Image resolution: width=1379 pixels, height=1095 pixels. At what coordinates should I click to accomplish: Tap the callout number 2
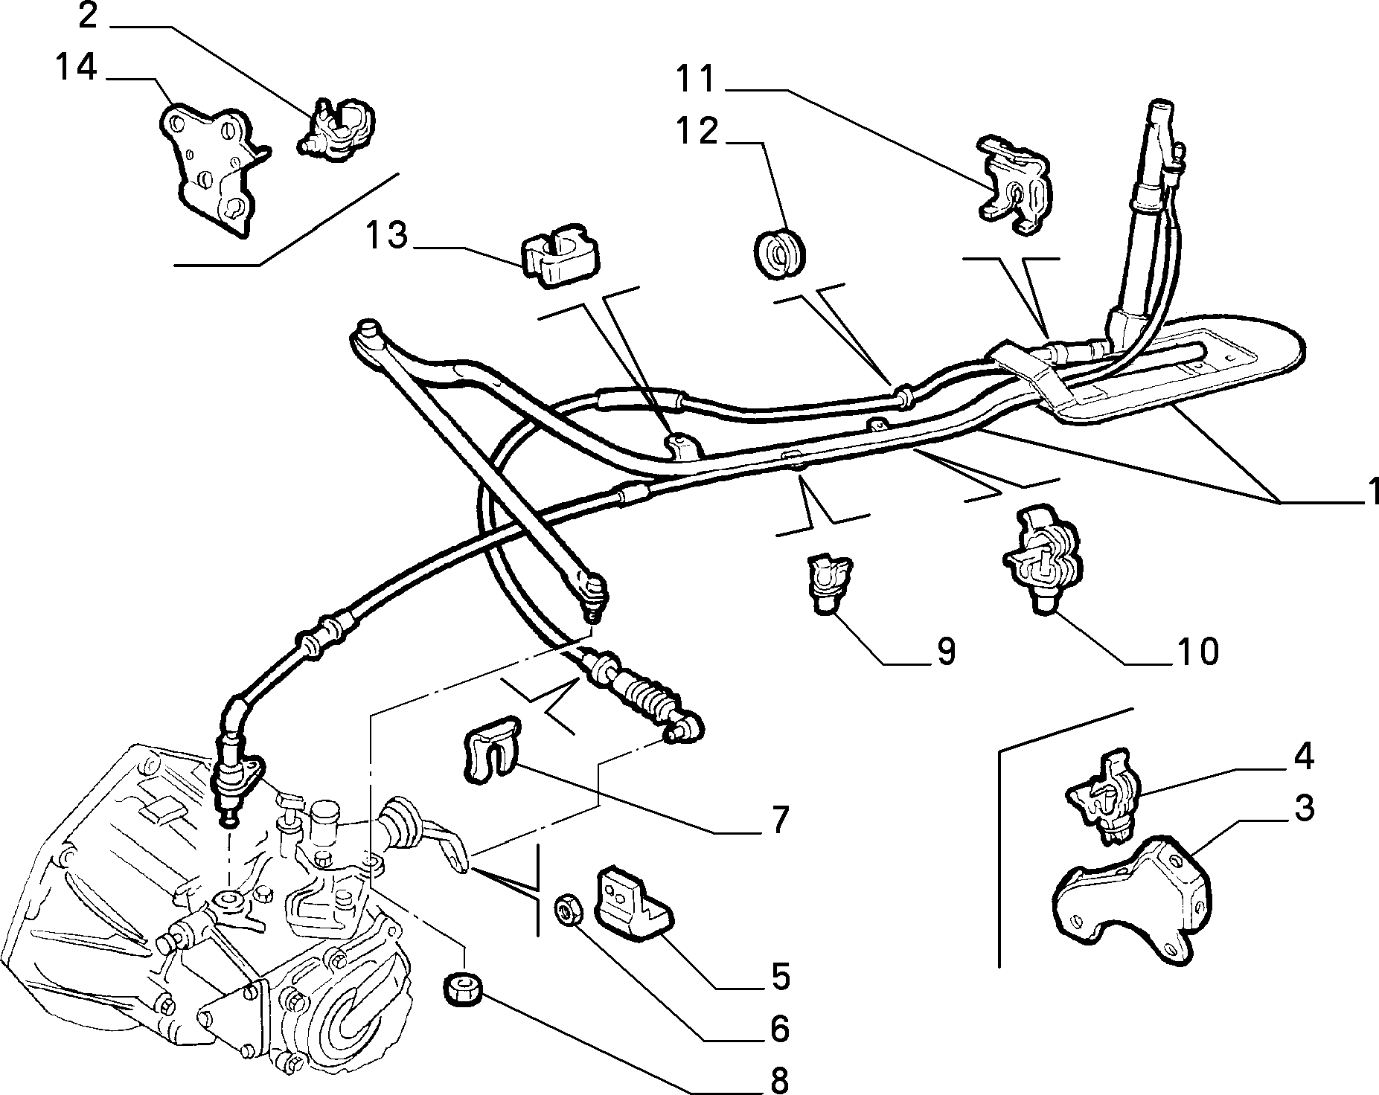89,16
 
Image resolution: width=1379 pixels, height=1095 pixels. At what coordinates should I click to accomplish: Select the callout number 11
694,78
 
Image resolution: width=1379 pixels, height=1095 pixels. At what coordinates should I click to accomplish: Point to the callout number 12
697,131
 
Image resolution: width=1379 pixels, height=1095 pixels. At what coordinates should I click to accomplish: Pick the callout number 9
944,652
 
